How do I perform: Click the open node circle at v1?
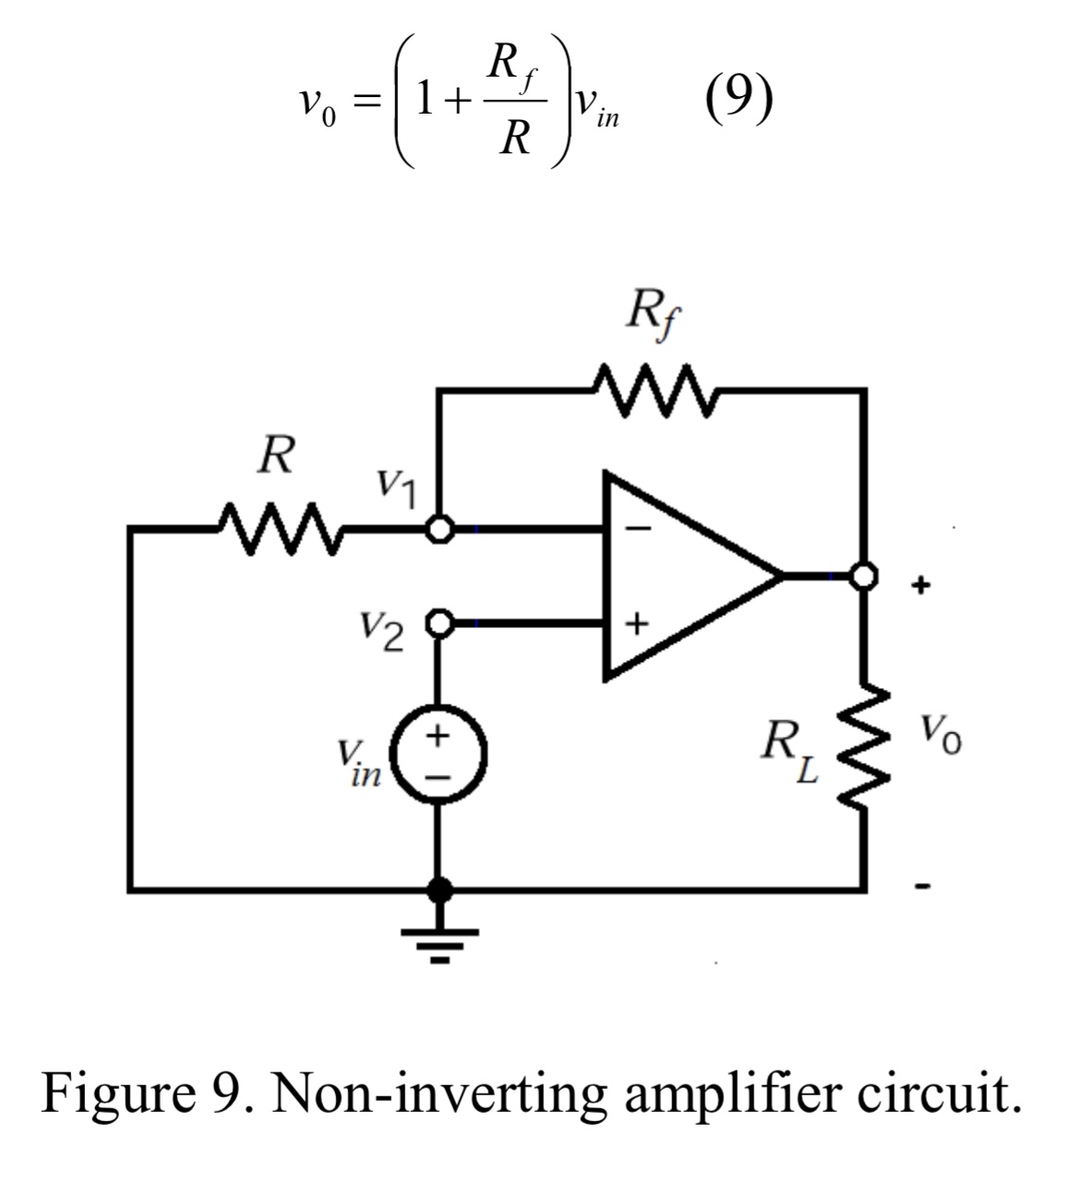[x=439, y=529]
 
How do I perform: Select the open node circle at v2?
[x=439, y=623]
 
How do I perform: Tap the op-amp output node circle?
[x=862, y=576]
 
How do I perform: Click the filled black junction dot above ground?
[x=439, y=889]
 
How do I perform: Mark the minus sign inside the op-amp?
[x=638, y=529]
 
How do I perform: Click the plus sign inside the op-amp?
[x=636, y=623]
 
